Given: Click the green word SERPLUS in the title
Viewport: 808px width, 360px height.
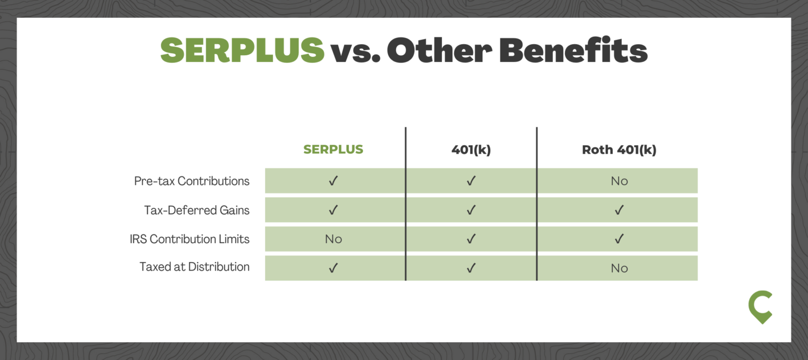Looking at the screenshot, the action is (242, 50).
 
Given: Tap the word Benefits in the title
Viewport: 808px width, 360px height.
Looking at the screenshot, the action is (573, 49).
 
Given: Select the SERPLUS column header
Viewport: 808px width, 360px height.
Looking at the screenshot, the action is (334, 149).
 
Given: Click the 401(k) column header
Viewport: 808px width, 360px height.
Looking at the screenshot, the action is (471, 149).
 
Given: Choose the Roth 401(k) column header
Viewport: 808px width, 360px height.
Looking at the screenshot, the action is (619, 149).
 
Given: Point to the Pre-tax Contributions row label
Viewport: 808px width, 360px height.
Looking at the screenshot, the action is (191, 181).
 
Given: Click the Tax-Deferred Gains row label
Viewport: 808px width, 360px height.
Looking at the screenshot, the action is (197, 210).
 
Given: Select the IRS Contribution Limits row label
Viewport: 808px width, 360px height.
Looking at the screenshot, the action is (189, 239).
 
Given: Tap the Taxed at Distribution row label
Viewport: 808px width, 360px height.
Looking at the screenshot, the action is (195, 267).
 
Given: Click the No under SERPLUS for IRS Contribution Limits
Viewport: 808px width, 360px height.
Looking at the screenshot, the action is (334, 239).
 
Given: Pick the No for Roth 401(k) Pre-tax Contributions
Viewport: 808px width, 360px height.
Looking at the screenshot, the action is (619, 181).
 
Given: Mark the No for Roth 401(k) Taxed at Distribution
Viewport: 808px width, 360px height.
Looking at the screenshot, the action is (619, 268).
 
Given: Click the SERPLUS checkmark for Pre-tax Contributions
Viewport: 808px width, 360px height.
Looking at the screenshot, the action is (334, 181).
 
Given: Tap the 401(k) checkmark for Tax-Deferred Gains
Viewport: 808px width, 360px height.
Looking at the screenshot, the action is (471, 210).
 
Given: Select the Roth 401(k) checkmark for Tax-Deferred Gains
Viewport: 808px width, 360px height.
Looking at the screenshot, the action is (619, 210).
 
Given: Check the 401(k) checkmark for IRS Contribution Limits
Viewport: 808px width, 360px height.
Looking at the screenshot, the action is (471, 239).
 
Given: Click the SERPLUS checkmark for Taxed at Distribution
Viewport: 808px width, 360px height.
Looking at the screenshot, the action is (334, 268).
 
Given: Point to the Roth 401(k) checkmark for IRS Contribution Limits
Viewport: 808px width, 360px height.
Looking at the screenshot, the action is (619, 239).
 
